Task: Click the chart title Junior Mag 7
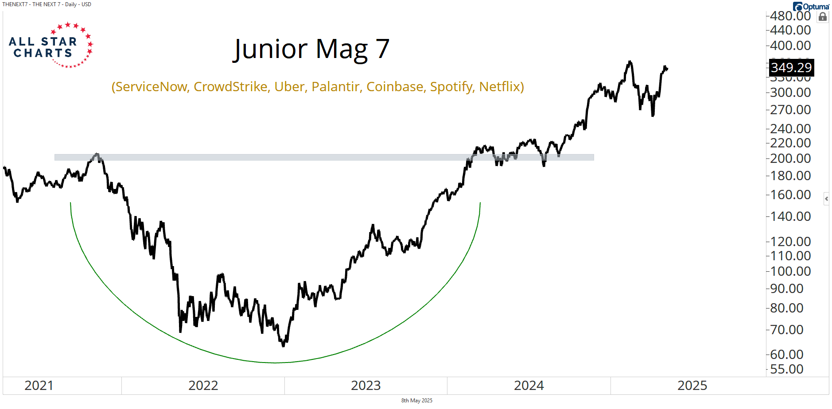tap(311, 49)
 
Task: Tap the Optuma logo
tap(811, 7)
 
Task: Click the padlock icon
tap(823, 17)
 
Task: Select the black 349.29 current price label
tap(791, 68)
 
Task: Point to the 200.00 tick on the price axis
tap(790, 158)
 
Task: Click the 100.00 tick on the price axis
tap(790, 271)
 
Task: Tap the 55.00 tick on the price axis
tap(787, 369)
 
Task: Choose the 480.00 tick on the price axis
tap(790, 16)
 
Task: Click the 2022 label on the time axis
tap(203, 386)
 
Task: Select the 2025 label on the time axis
tap(692, 386)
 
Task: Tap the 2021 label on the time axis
tap(39, 386)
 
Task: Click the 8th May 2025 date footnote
tap(416, 401)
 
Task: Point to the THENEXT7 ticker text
tap(15, 4)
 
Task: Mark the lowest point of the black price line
tap(284, 346)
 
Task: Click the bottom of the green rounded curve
tap(275, 363)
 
